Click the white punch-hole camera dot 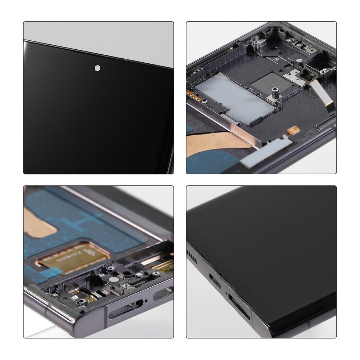[x=98, y=67]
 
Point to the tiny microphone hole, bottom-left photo [x=146, y=301]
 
